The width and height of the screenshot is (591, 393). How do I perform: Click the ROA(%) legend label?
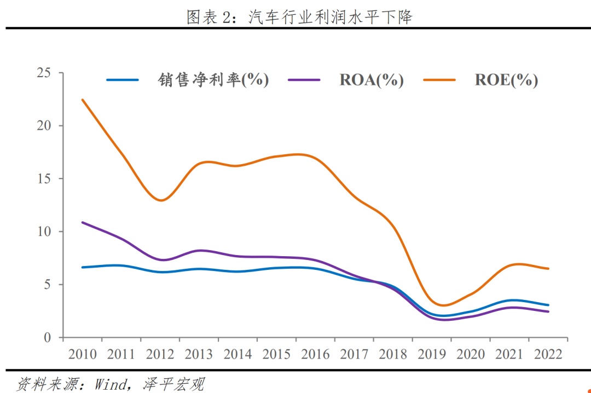click(x=372, y=80)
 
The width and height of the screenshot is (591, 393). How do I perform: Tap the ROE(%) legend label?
click(x=506, y=80)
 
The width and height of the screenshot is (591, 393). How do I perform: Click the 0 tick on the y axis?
click(x=47, y=338)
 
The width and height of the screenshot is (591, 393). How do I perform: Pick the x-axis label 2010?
click(x=83, y=354)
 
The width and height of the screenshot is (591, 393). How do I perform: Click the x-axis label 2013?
click(x=199, y=354)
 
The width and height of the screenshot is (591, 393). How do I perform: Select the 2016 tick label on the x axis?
click(x=315, y=354)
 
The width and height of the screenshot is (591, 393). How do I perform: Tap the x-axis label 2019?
click(x=432, y=354)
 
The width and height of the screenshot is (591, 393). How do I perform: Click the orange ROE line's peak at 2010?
click(x=83, y=100)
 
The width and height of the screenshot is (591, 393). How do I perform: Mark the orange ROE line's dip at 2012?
click(x=161, y=200)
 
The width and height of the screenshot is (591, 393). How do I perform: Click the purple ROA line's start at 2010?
click(x=83, y=222)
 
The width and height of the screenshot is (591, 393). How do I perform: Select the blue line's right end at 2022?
click(x=548, y=305)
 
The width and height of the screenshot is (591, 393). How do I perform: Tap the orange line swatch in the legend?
click(x=439, y=80)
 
